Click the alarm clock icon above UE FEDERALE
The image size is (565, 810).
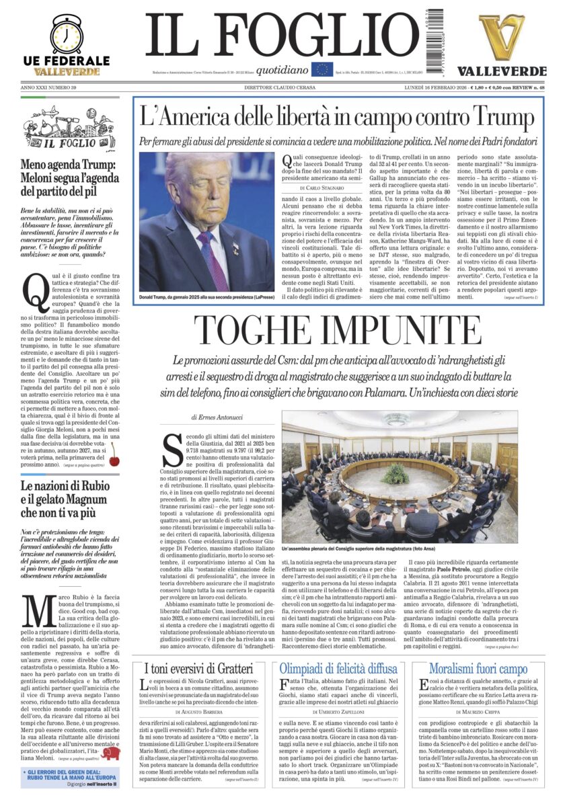(66, 34)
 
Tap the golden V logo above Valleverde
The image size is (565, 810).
(502, 37)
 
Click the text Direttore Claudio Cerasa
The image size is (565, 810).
(282, 87)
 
